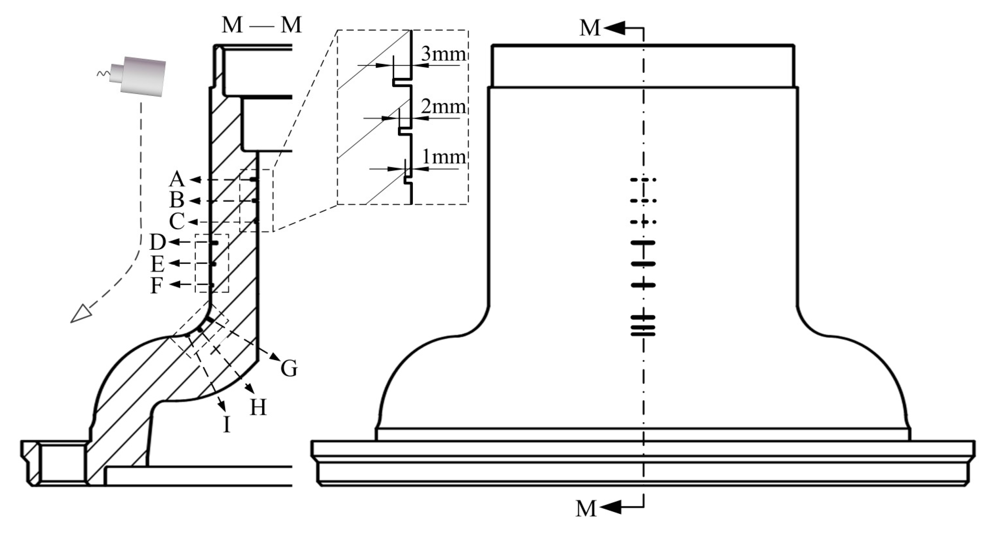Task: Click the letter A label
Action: tap(177, 179)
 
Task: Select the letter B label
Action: tap(177, 201)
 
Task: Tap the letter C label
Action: tap(177, 222)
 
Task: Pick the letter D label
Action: tap(157, 242)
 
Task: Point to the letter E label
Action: tap(157, 264)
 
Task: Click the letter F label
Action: tap(157, 286)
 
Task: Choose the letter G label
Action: tap(289, 369)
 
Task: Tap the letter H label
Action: tap(258, 408)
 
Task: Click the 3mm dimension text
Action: tap(443, 54)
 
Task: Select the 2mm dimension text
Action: tap(443, 106)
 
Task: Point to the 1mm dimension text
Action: tap(443, 157)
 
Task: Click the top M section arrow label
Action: tap(590, 28)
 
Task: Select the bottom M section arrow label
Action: tap(586, 509)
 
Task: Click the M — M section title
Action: tap(262, 25)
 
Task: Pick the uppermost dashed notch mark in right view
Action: tap(643, 180)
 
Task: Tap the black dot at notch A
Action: tap(254, 179)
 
